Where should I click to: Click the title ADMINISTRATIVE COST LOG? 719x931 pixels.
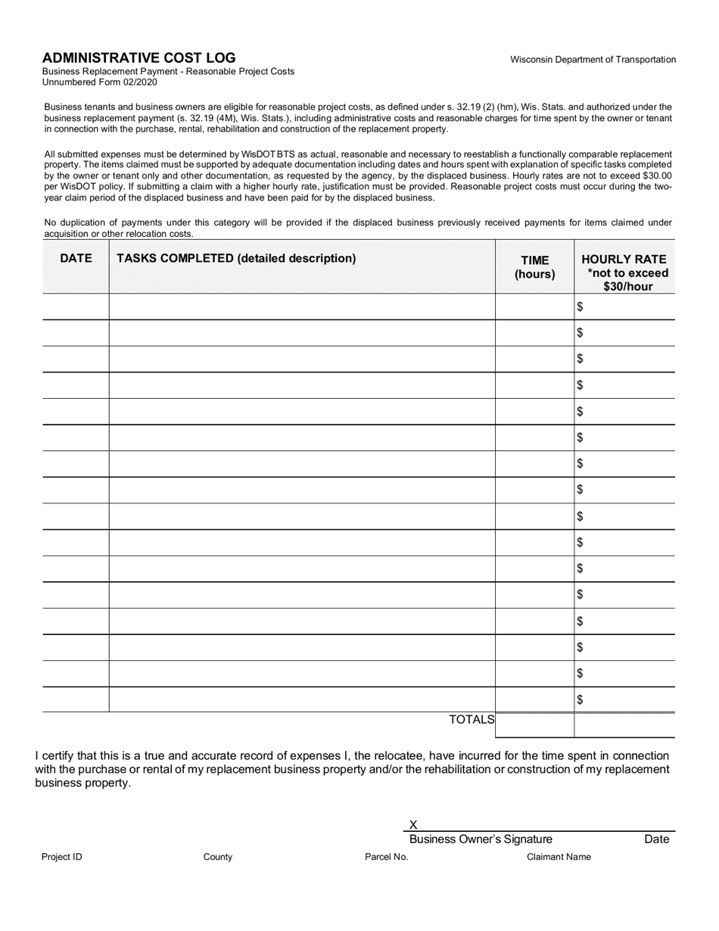[x=139, y=58]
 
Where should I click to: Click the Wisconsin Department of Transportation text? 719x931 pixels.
[x=593, y=60]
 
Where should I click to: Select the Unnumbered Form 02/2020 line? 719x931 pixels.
[x=100, y=82]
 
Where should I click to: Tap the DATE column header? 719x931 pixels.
[x=76, y=258]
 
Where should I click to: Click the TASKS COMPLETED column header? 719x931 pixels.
[x=235, y=258]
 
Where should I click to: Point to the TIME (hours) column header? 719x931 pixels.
[x=534, y=267]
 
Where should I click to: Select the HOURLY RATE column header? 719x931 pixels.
[x=624, y=272]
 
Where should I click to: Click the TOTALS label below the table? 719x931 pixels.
[x=472, y=720]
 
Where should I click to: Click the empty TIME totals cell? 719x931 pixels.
[x=534, y=725]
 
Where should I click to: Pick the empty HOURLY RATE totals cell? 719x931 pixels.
[x=624, y=725]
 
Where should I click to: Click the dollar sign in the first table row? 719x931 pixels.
[x=580, y=307]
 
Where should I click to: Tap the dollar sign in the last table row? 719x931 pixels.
[x=580, y=699]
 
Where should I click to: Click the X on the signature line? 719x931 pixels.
[x=413, y=825]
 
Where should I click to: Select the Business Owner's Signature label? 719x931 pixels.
[x=481, y=839]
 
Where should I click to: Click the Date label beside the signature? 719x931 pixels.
[x=656, y=839]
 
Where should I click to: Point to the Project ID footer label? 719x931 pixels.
[x=62, y=857]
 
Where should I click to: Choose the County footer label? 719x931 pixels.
[x=218, y=857]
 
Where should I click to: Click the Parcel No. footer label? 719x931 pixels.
[x=386, y=857]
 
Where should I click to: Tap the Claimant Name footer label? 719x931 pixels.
[x=559, y=857]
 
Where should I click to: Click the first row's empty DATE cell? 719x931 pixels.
[x=76, y=307]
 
